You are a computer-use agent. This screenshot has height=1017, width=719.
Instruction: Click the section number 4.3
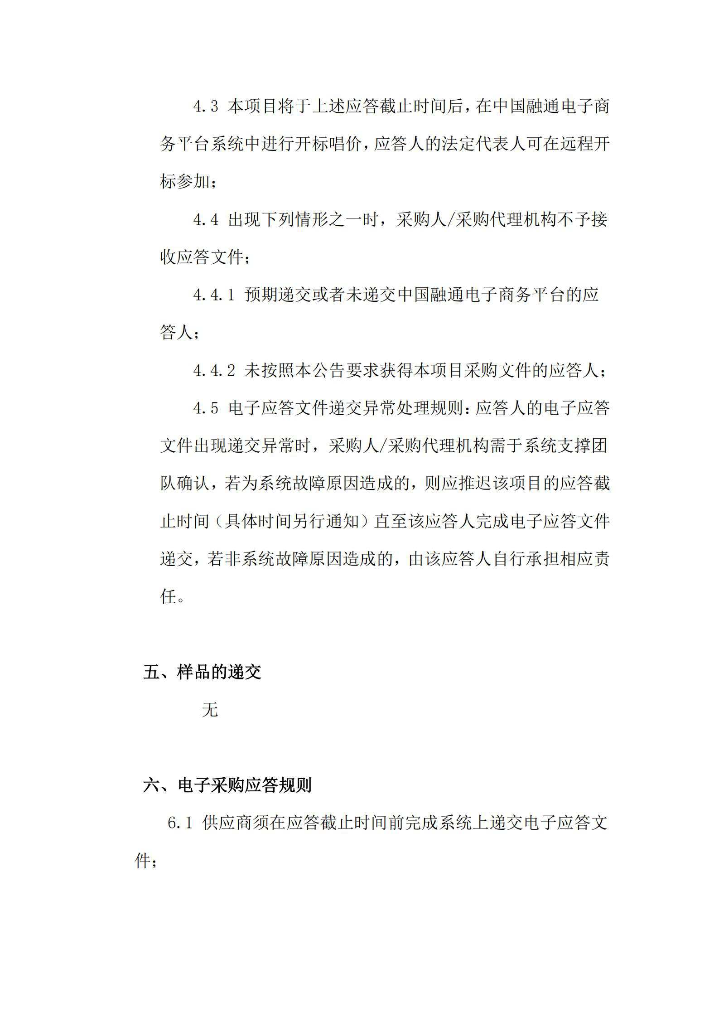tap(205, 107)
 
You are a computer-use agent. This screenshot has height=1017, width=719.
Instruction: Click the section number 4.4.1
tap(213, 295)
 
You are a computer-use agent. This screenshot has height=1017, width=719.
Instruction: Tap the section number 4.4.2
tap(213, 371)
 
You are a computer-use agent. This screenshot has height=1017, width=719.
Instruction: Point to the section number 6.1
tap(180, 823)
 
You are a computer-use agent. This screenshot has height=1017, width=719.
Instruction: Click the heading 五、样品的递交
tap(202, 672)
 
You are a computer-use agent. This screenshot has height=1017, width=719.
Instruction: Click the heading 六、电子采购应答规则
tap(227, 785)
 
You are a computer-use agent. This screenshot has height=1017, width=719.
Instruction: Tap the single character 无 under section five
tap(210, 710)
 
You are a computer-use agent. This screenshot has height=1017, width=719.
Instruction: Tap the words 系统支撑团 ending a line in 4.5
tap(565, 446)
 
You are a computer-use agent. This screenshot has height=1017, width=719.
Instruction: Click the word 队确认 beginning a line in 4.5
tap(185, 484)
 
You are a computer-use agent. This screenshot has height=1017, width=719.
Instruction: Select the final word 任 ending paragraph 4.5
tap(168, 597)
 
